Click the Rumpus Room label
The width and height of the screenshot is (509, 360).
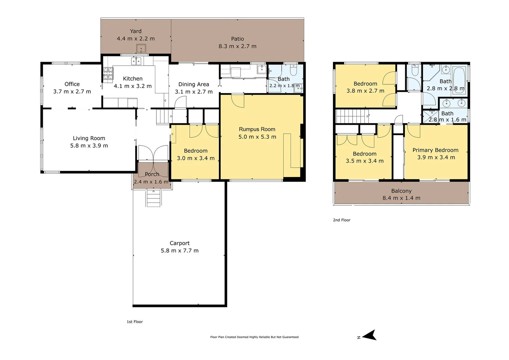[257, 129]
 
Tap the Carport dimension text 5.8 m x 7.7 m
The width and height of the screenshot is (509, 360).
[180, 251]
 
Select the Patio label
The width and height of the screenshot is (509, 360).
[237, 39]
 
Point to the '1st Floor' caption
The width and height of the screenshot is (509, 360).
[135, 322]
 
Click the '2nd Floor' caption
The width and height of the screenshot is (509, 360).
[342, 220]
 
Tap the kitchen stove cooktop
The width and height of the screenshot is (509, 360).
[108, 74]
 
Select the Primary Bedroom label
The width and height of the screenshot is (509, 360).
[435, 150]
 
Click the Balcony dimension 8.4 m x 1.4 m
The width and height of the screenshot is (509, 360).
[401, 198]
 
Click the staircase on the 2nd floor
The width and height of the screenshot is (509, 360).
[351, 116]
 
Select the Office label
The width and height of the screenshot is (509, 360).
[72, 84]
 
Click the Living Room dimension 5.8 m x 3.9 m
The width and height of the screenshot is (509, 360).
[89, 146]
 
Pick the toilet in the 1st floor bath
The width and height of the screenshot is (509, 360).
[293, 70]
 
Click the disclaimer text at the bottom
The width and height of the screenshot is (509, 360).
[254, 337]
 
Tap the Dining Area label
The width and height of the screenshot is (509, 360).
[194, 84]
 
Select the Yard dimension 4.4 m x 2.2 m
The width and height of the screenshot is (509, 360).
[136, 39]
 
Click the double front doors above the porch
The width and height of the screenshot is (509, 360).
[153, 154]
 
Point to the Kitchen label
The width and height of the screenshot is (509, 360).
[133, 79]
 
